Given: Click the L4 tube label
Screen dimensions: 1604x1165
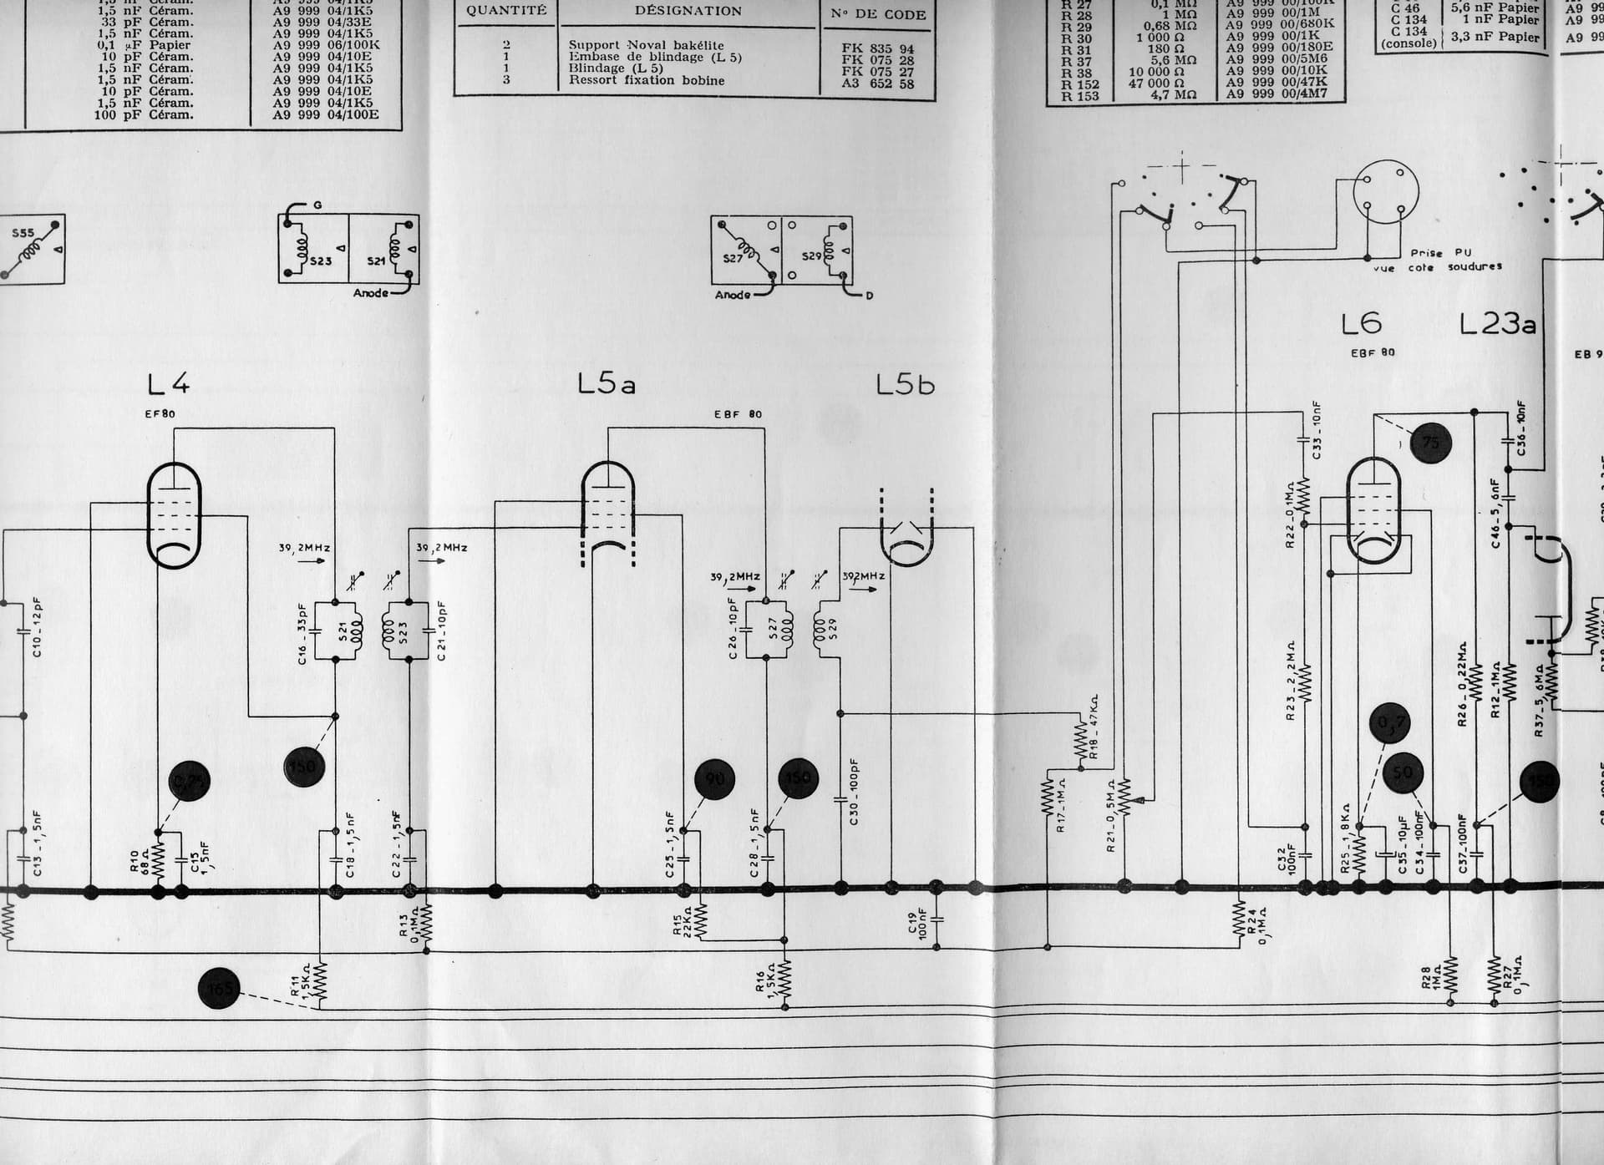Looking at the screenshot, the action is [x=169, y=383].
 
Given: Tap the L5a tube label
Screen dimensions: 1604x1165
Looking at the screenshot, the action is [x=607, y=383].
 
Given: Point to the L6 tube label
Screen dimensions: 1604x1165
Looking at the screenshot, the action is [x=1361, y=323].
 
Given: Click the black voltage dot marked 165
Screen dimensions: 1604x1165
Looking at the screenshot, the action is [x=219, y=990].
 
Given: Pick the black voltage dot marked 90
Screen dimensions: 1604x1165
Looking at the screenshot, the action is [x=715, y=779].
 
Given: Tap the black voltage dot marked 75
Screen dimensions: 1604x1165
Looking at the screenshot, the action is [x=1431, y=443].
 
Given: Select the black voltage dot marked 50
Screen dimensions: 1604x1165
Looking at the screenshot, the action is [x=1403, y=772].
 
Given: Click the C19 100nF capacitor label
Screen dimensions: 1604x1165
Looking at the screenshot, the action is [x=917, y=925].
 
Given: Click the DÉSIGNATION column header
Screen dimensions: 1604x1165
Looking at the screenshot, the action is [x=688, y=11].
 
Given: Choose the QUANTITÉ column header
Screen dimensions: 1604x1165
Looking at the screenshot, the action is [x=506, y=11].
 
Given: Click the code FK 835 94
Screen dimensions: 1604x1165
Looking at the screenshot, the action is [x=877, y=48].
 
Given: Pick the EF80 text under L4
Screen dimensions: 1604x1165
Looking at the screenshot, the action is [x=160, y=413].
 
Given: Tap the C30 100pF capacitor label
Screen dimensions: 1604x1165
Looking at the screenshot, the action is [x=854, y=792].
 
